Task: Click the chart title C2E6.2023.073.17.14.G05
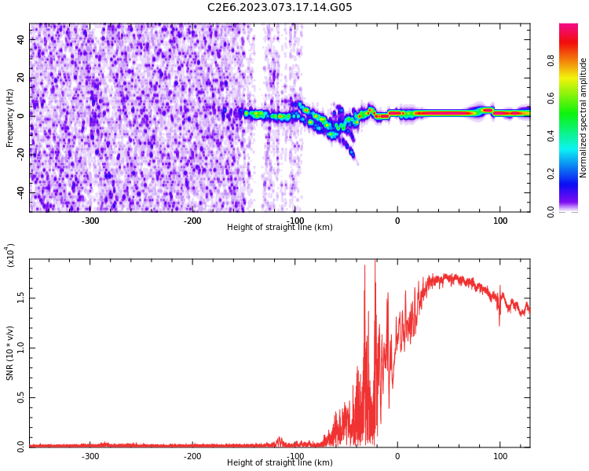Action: (x=280, y=8)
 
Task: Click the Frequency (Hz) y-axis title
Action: (x=10, y=118)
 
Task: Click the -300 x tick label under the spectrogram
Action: (x=90, y=221)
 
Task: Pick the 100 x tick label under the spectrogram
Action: (x=499, y=221)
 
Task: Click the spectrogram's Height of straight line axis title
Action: (x=280, y=228)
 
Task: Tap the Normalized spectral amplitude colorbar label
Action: (x=584, y=118)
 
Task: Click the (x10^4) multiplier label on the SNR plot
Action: (x=11, y=256)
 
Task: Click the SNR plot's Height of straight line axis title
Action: (x=280, y=463)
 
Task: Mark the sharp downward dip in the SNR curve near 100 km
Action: (x=499, y=323)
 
